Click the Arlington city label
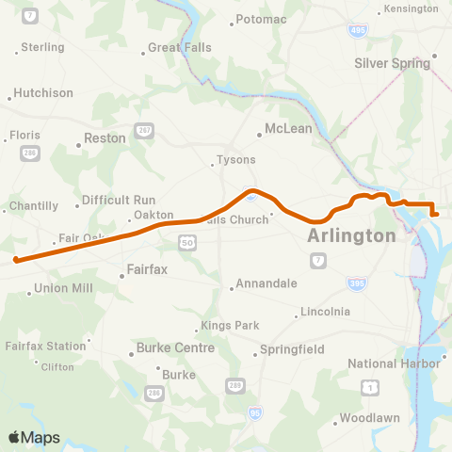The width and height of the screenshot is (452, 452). pyautogui.click(x=351, y=235)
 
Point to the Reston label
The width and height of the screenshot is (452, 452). pyautogui.click(x=105, y=137)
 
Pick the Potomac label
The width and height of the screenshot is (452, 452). pyautogui.click(x=261, y=19)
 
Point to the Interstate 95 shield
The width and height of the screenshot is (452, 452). pyautogui.click(x=255, y=411)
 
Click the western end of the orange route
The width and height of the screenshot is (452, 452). pyautogui.click(x=17, y=259)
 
